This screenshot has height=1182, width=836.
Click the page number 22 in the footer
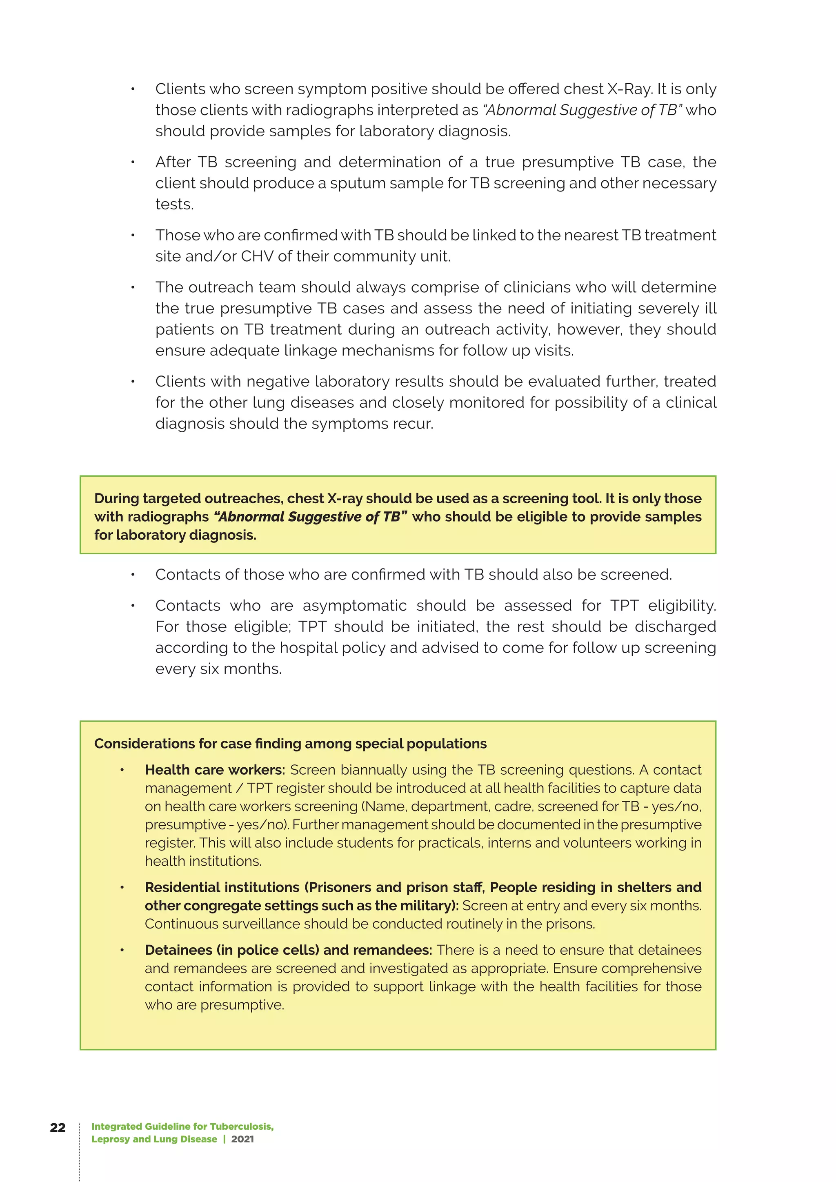(x=58, y=1127)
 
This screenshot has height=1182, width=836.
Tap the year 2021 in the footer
(x=242, y=1139)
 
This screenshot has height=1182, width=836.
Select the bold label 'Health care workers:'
(x=215, y=770)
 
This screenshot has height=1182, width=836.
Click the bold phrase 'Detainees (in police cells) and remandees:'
(x=288, y=950)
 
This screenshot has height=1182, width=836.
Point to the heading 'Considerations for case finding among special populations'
(x=290, y=743)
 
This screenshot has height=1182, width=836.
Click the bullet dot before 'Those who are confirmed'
(x=133, y=235)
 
